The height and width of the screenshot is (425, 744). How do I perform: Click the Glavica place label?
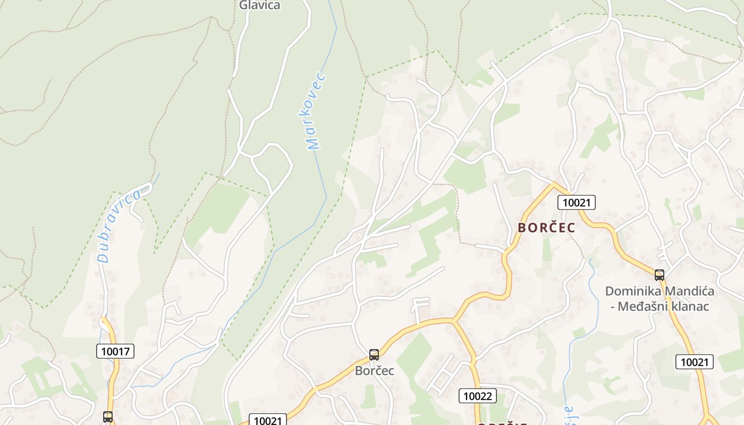click(x=259, y=5)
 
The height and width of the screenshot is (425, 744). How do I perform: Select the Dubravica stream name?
click(x=120, y=225)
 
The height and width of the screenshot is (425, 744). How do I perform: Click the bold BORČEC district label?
click(x=546, y=228)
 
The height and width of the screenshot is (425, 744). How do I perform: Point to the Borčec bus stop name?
click(x=375, y=371)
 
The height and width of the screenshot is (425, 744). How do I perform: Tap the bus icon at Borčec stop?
click(x=374, y=355)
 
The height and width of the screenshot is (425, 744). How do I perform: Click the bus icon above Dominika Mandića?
click(x=660, y=275)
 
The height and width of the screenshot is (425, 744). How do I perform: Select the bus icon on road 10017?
click(x=108, y=417)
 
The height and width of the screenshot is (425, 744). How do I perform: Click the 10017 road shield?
click(x=115, y=351)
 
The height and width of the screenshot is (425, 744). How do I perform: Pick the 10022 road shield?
click(x=478, y=395)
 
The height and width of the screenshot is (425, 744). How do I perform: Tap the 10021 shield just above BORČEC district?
click(x=576, y=202)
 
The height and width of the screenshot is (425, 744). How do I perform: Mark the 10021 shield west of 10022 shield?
click(x=268, y=420)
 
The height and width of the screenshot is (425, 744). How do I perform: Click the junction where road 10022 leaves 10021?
click(x=453, y=320)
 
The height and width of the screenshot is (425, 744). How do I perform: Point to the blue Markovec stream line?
click(x=325, y=175)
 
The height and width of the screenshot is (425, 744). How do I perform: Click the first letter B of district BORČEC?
click(x=522, y=228)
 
